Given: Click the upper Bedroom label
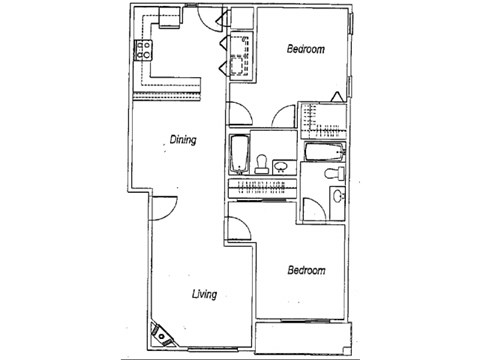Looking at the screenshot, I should [304, 48].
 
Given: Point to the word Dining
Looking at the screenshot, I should [181, 142].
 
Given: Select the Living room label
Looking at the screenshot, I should [204, 294].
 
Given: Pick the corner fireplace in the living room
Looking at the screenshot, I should [158, 332].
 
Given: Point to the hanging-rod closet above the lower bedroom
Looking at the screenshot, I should [262, 188].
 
